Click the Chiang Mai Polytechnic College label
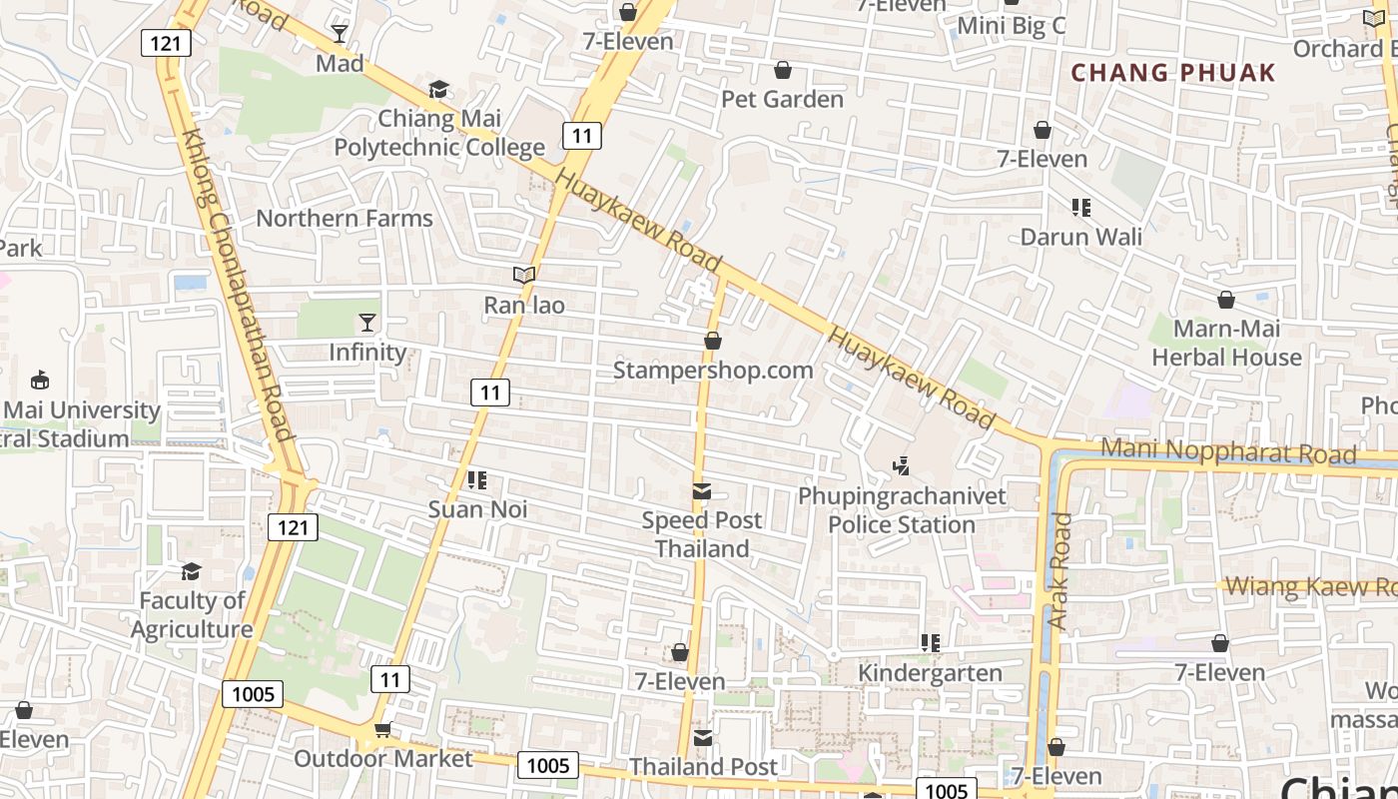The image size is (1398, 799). tap(439, 134)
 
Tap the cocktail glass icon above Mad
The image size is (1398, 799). tap(340, 33)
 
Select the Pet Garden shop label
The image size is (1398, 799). tap(783, 99)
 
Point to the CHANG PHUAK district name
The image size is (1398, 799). tap(1173, 72)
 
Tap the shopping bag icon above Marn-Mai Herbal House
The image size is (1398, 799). tap(1225, 300)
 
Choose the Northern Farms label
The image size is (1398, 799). tap(345, 218)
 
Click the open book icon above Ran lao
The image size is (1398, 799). tap(524, 275)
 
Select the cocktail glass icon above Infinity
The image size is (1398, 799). tap(367, 322)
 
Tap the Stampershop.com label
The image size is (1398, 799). tap(713, 371)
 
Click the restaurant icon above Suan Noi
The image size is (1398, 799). tap(477, 480)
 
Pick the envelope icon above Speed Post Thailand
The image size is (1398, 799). tap(702, 491)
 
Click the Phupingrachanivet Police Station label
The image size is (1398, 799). tap(902, 509)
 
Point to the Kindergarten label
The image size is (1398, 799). tap(930, 673)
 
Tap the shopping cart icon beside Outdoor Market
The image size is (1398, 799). tap(382, 731)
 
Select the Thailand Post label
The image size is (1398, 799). tap(703, 767)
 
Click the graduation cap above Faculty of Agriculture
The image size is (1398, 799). tap(191, 571)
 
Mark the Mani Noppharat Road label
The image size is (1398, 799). tap(1228, 452)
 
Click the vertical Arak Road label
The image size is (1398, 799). tap(1059, 571)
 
